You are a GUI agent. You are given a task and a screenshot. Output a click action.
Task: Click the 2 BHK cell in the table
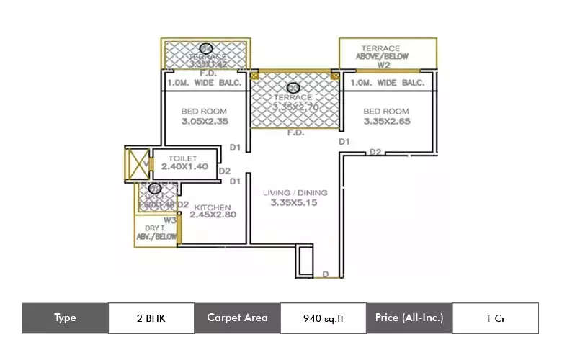(151, 318)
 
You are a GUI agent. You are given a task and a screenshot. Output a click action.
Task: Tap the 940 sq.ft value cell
(324, 318)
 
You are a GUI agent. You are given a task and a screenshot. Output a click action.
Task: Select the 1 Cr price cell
(495, 318)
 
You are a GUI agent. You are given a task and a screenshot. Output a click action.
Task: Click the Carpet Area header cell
(237, 318)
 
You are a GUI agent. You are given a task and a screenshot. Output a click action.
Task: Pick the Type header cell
(65, 318)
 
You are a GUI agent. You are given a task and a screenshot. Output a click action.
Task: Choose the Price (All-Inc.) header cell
(409, 318)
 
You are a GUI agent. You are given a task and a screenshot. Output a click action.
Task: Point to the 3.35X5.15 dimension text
(294, 203)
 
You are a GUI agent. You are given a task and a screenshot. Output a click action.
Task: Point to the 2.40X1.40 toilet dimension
(184, 166)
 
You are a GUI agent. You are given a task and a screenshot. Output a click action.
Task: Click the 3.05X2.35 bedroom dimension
(204, 122)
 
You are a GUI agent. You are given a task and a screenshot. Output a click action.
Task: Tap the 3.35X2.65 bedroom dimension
(386, 122)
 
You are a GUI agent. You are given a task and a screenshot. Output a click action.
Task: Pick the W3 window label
(170, 220)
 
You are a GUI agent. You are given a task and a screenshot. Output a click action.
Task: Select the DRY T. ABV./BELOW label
(156, 233)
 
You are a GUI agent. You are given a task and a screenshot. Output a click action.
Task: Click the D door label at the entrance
(326, 274)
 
